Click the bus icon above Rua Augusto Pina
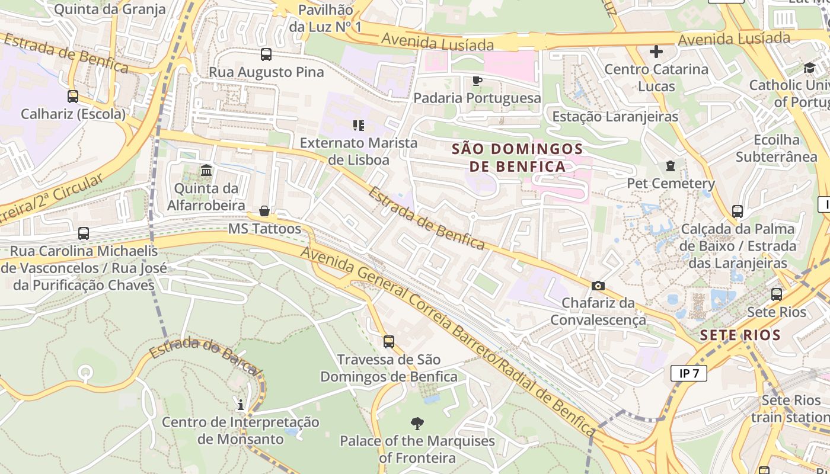[x=266, y=55]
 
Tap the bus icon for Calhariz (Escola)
[x=73, y=96]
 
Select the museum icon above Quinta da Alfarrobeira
[x=206, y=171]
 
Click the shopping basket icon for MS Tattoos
[x=264, y=212]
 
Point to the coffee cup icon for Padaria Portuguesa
[x=477, y=81]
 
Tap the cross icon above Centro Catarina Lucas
[x=656, y=52]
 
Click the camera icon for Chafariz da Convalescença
[x=598, y=286]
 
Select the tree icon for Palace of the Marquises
[x=417, y=423]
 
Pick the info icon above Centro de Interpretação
[x=241, y=405]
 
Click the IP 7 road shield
[x=689, y=373]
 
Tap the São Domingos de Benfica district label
[x=518, y=158]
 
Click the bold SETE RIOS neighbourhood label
[x=740, y=335]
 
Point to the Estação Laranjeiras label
[x=615, y=116]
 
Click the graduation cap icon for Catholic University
[x=809, y=68]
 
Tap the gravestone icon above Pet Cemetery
[x=671, y=166]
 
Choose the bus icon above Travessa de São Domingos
[x=389, y=342]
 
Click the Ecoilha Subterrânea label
[x=776, y=148]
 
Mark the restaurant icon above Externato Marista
[x=359, y=125]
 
